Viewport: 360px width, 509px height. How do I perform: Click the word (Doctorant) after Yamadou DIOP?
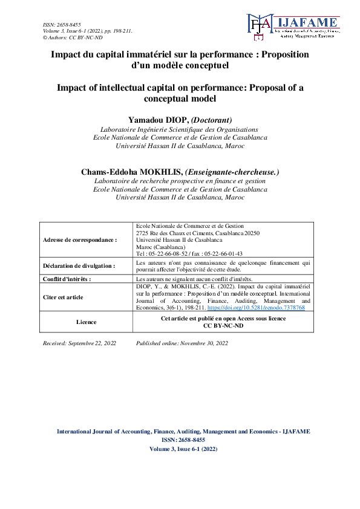209,120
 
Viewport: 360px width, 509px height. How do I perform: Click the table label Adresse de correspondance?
80,240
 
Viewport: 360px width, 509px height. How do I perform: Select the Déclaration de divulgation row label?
79,266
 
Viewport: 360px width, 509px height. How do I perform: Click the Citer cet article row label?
64,297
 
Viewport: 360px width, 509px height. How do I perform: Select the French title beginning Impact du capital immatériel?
180,54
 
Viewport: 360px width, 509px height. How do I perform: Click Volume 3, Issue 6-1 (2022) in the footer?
183,449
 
